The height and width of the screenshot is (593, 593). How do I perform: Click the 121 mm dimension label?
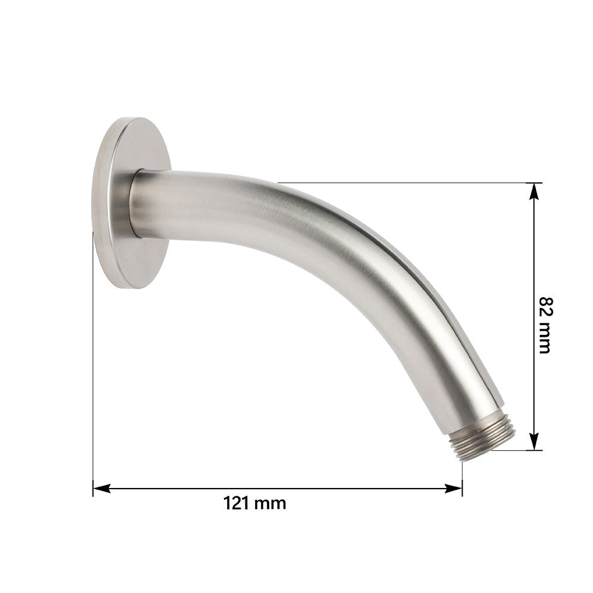point(254,503)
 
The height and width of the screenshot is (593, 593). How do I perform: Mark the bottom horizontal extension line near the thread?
point(522,450)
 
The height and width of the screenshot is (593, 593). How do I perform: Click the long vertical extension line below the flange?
point(93,385)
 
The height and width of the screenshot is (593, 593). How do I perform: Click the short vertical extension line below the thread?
point(462,477)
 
